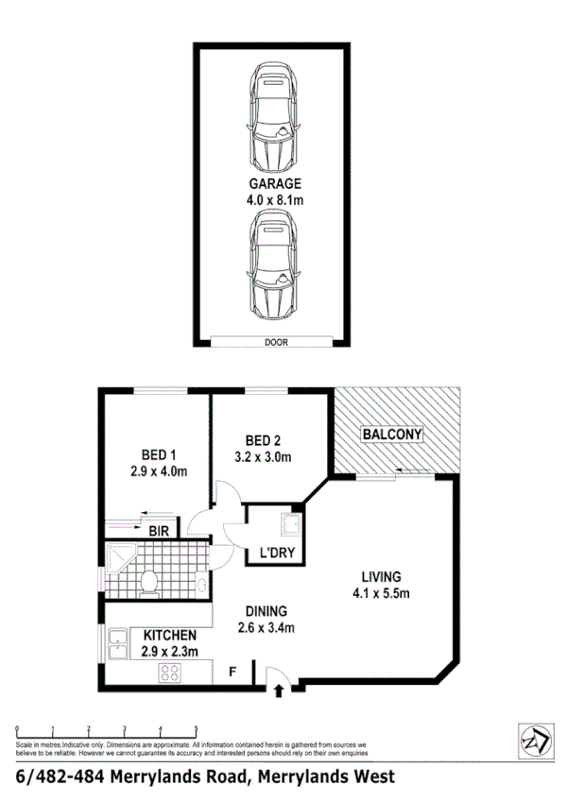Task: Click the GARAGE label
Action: (x=275, y=184)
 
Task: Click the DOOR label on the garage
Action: (x=276, y=343)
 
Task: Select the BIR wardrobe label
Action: (x=159, y=531)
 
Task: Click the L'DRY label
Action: (x=268, y=554)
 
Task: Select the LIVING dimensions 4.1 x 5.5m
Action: (x=382, y=593)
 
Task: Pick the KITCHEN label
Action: (x=170, y=635)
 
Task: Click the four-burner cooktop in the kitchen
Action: (x=171, y=673)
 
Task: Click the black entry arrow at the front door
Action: (x=279, y=692)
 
